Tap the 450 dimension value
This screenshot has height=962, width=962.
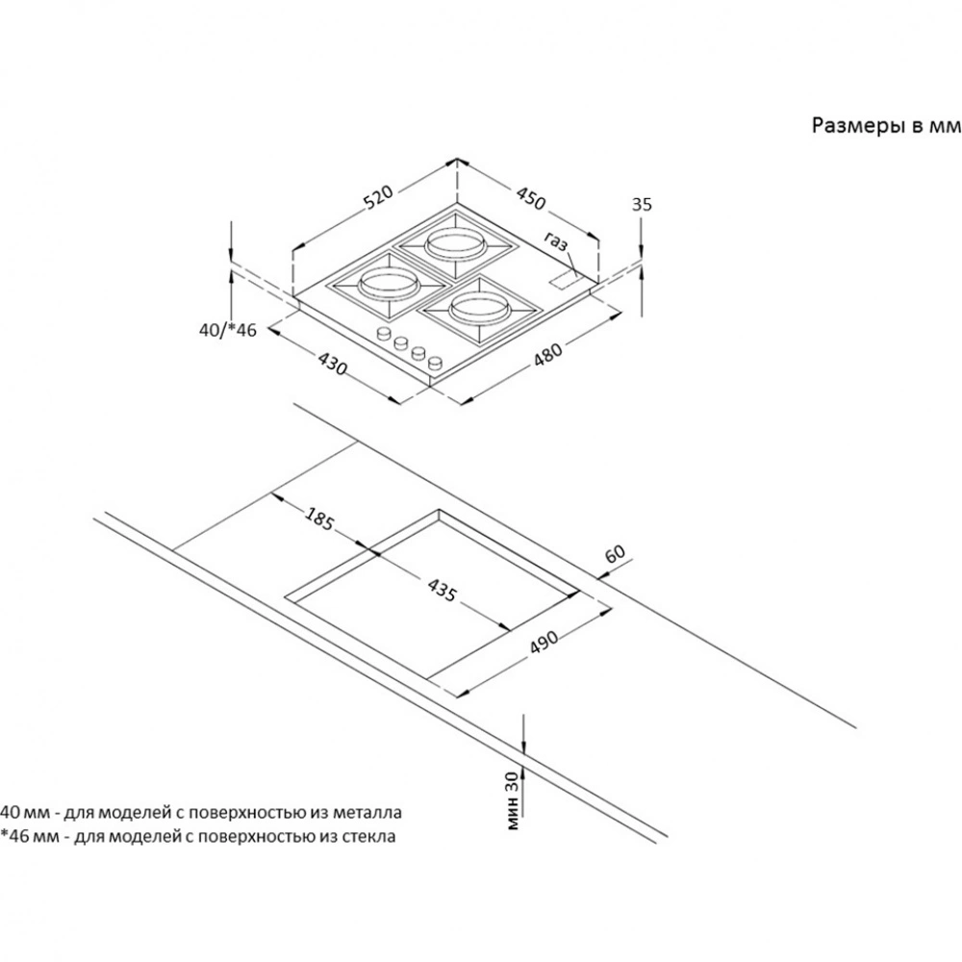coord(530,197)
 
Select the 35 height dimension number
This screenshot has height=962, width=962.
coord(642,204)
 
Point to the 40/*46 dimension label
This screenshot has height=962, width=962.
coord(228,330)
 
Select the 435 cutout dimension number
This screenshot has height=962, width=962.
coord(442,590)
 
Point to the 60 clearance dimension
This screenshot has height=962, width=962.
coord(615,553)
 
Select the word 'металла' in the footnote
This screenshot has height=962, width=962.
coord(367,812)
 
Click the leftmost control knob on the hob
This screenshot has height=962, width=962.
coord(384,333)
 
